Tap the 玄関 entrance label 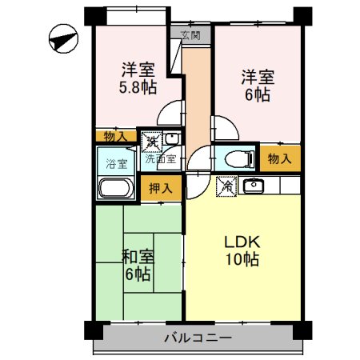tap(190, 35)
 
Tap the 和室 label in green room tap(137, 257)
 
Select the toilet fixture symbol tap(233, 158)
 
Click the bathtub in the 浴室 tap(116, 190)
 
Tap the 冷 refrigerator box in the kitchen tap(227, 186)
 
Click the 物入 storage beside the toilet tap(279, 158)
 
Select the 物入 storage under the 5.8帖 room tap(115, 137)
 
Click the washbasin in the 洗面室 tap(170, 139)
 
